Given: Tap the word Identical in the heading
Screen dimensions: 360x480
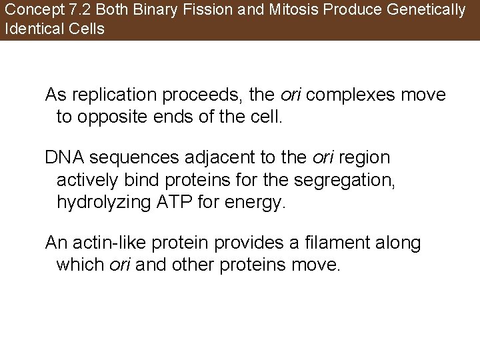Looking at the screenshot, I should click(x=29, y=29).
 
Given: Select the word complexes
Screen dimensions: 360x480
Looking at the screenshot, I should click(x=352, y=95).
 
